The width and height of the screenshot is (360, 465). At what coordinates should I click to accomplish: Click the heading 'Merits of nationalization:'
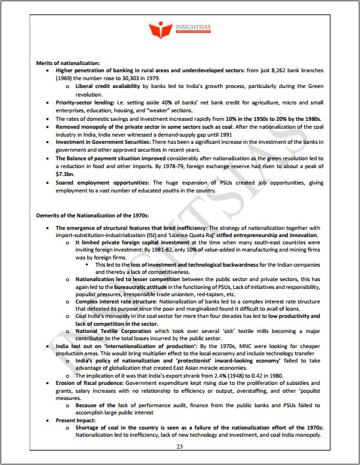click(68, 62)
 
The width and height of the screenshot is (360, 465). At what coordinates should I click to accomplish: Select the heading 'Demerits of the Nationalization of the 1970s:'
click(93, 215)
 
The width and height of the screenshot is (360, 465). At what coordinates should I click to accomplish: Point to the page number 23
click(179, 447)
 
